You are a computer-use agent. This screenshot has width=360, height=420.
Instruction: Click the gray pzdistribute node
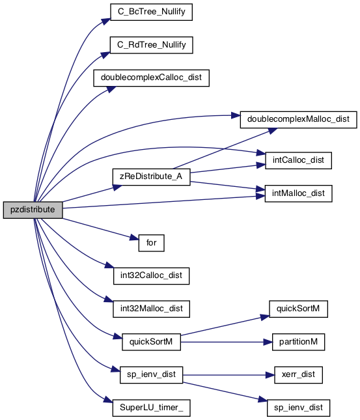click(33, 210)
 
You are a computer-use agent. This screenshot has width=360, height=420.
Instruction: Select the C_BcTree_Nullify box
click(151, 12)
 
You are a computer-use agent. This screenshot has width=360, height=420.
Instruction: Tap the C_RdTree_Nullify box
click(151, 45)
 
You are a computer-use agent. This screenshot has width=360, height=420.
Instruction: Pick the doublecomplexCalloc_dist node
click(151, 78)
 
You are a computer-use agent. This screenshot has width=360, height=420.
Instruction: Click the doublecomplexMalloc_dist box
click(298, 119)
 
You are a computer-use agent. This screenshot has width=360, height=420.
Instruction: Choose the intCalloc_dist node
click(298, 160)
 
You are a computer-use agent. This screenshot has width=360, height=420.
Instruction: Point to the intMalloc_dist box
click(298, 193)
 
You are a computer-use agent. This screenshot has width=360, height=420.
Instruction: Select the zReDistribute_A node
click(151, 176)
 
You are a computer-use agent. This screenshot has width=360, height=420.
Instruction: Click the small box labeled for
click(151, 243)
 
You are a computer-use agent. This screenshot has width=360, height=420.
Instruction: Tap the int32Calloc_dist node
click(151, 276)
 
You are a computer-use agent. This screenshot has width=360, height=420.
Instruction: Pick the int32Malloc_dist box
click(151, 309)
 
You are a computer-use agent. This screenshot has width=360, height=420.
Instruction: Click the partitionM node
click(298, 342)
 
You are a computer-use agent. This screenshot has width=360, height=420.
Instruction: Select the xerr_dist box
click(298, 375)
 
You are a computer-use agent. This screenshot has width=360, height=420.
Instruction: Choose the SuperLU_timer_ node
click(151, 408)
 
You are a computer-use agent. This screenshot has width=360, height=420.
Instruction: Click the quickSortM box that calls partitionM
click(151, 342)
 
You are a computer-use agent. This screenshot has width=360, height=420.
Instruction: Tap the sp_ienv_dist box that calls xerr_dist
click(151, 375)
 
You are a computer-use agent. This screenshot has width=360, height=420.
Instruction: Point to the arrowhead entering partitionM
click(268, 342)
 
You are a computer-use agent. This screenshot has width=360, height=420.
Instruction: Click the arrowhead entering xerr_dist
click(270, 375)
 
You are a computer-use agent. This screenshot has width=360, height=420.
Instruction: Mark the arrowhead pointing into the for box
click(135, 238)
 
